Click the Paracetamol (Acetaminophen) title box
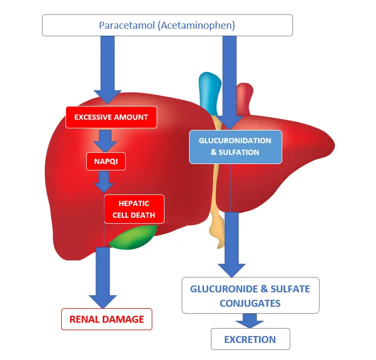167,25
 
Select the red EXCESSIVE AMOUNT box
111,117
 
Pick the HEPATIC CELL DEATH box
134,209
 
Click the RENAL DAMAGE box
107,320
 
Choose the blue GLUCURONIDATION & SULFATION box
235,146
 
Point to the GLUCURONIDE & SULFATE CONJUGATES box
250,296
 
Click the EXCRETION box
250,339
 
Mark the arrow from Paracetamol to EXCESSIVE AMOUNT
108,69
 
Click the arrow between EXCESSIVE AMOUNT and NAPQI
105,141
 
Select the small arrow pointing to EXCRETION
250,321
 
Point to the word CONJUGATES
250,303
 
